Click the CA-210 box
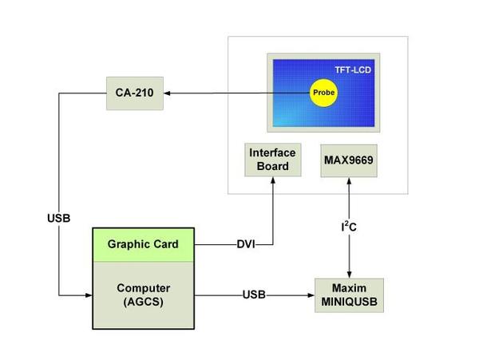135,93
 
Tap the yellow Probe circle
323,93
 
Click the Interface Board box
272,160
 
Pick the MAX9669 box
349,160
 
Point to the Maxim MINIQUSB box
349,295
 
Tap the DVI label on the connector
246,244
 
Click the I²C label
350,228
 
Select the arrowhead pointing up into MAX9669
349,180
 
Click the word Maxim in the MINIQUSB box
349,287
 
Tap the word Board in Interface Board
272,167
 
